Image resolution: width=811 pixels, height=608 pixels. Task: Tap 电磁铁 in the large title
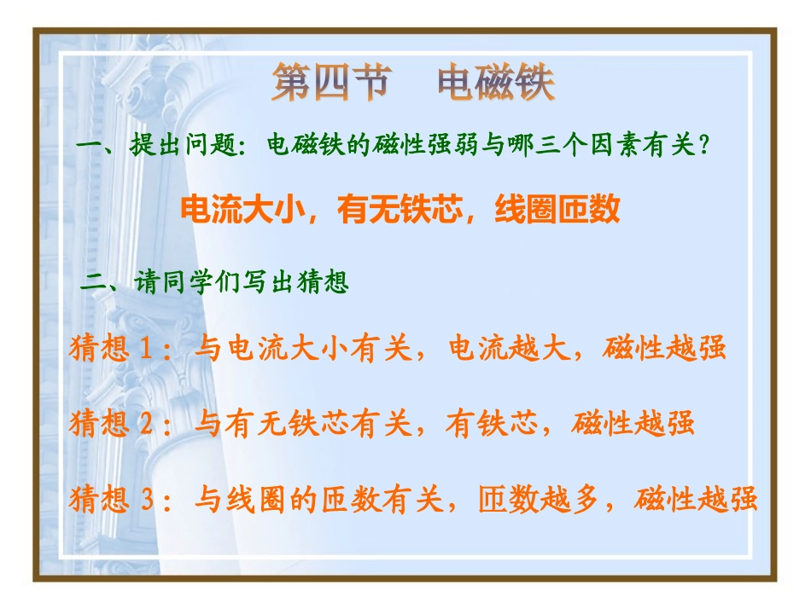click(x=496, y=84)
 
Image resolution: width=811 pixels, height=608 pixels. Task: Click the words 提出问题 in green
click(x=181, y=147)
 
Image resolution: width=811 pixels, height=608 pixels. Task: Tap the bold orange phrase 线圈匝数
click(x=557, y=210)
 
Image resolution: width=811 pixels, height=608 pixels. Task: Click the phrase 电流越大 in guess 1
click(x=509, y=349)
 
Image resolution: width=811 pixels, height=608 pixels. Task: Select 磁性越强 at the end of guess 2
click(x=634, y=424)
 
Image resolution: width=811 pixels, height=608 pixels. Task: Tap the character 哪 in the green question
click(x=521, y=147)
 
